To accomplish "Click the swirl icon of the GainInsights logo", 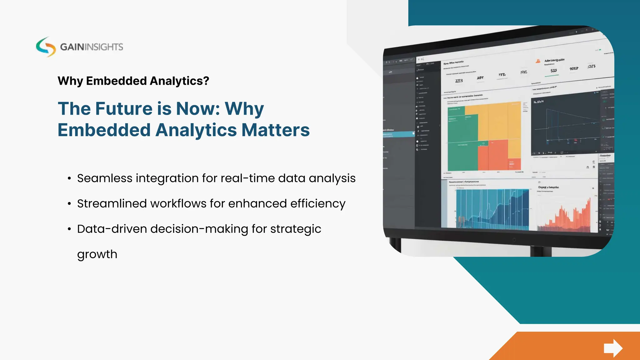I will (x=46, y=47).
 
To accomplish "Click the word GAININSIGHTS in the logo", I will (x=92, y=47).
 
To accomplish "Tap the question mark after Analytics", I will (x=206, y=81).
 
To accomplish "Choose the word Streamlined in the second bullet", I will (x=111, y=203).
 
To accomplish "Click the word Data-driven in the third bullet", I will (x=112, y=229).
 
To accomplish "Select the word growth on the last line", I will (x=97, y=254).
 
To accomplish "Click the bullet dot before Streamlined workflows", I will (x=69, y=204).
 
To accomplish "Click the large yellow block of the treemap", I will (x=497, y=122).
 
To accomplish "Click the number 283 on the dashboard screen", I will (x=459, y=81).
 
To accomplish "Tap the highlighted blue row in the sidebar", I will (x=398, y=134).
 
